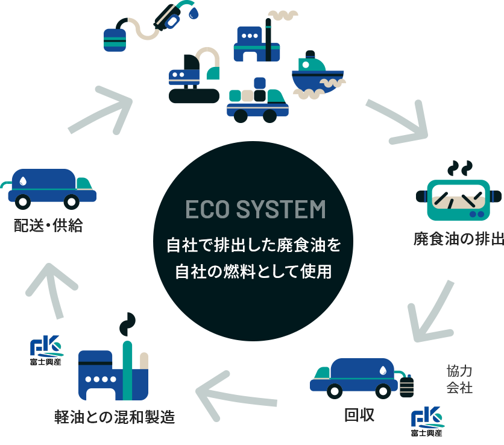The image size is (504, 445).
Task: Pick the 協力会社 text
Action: [x=459, y=379]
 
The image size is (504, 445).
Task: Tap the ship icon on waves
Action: [x=316, y=75]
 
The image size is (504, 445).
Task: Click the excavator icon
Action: [x=193, y=76]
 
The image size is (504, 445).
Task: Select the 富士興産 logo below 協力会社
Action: [x=427, y=422]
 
